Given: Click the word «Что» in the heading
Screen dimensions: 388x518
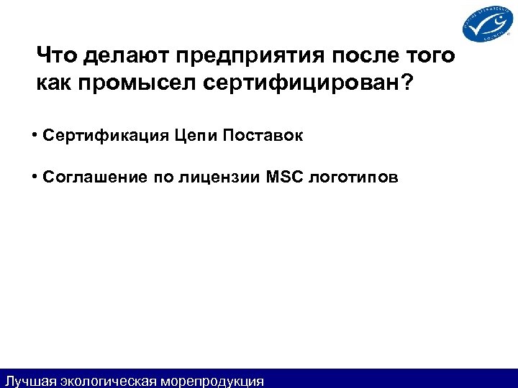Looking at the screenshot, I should click(x=57, y=55).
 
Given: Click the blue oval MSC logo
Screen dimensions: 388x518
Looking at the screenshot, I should click(x=487, y=25).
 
